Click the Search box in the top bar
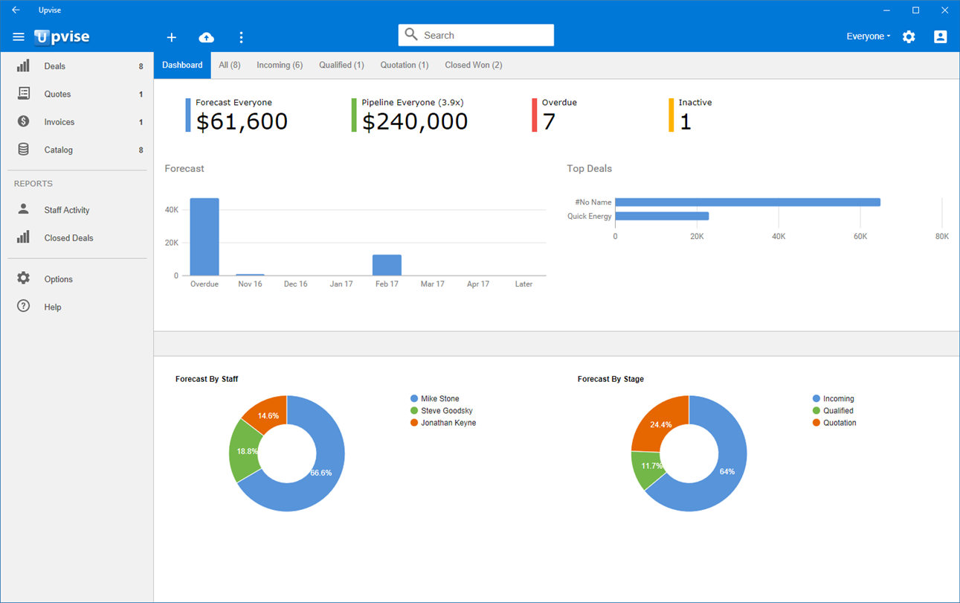pos(476,35)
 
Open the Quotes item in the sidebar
pos(57,94)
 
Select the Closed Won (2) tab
pos(473,65)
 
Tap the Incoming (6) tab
pos(280,65)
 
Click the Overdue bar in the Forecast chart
pos(204,237)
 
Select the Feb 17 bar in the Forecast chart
pos(387,265)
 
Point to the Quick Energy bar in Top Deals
pos(662,216)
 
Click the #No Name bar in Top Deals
pos(747,202)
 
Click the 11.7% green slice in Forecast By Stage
pos(646,468)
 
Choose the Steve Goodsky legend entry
pos(442,411)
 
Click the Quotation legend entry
pos(834,423)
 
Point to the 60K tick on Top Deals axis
pos(860,237)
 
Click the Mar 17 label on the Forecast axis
pos(433,284)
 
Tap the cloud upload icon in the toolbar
pos(206,37)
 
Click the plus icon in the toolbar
pos(172,37)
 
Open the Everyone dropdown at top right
pos(868,36)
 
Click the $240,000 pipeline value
pos(415,121)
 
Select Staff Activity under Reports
pos(66,210)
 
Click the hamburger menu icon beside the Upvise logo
pos(19,37)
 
